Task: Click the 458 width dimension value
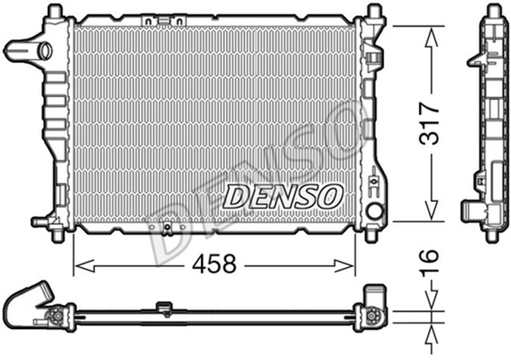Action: (x=213, y=265)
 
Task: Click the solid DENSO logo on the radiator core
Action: (x=283, y=195)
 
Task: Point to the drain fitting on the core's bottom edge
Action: (x=167, y=229)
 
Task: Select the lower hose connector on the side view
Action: (x=472, y=211)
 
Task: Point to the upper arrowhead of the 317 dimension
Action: (x=431, y=30)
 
